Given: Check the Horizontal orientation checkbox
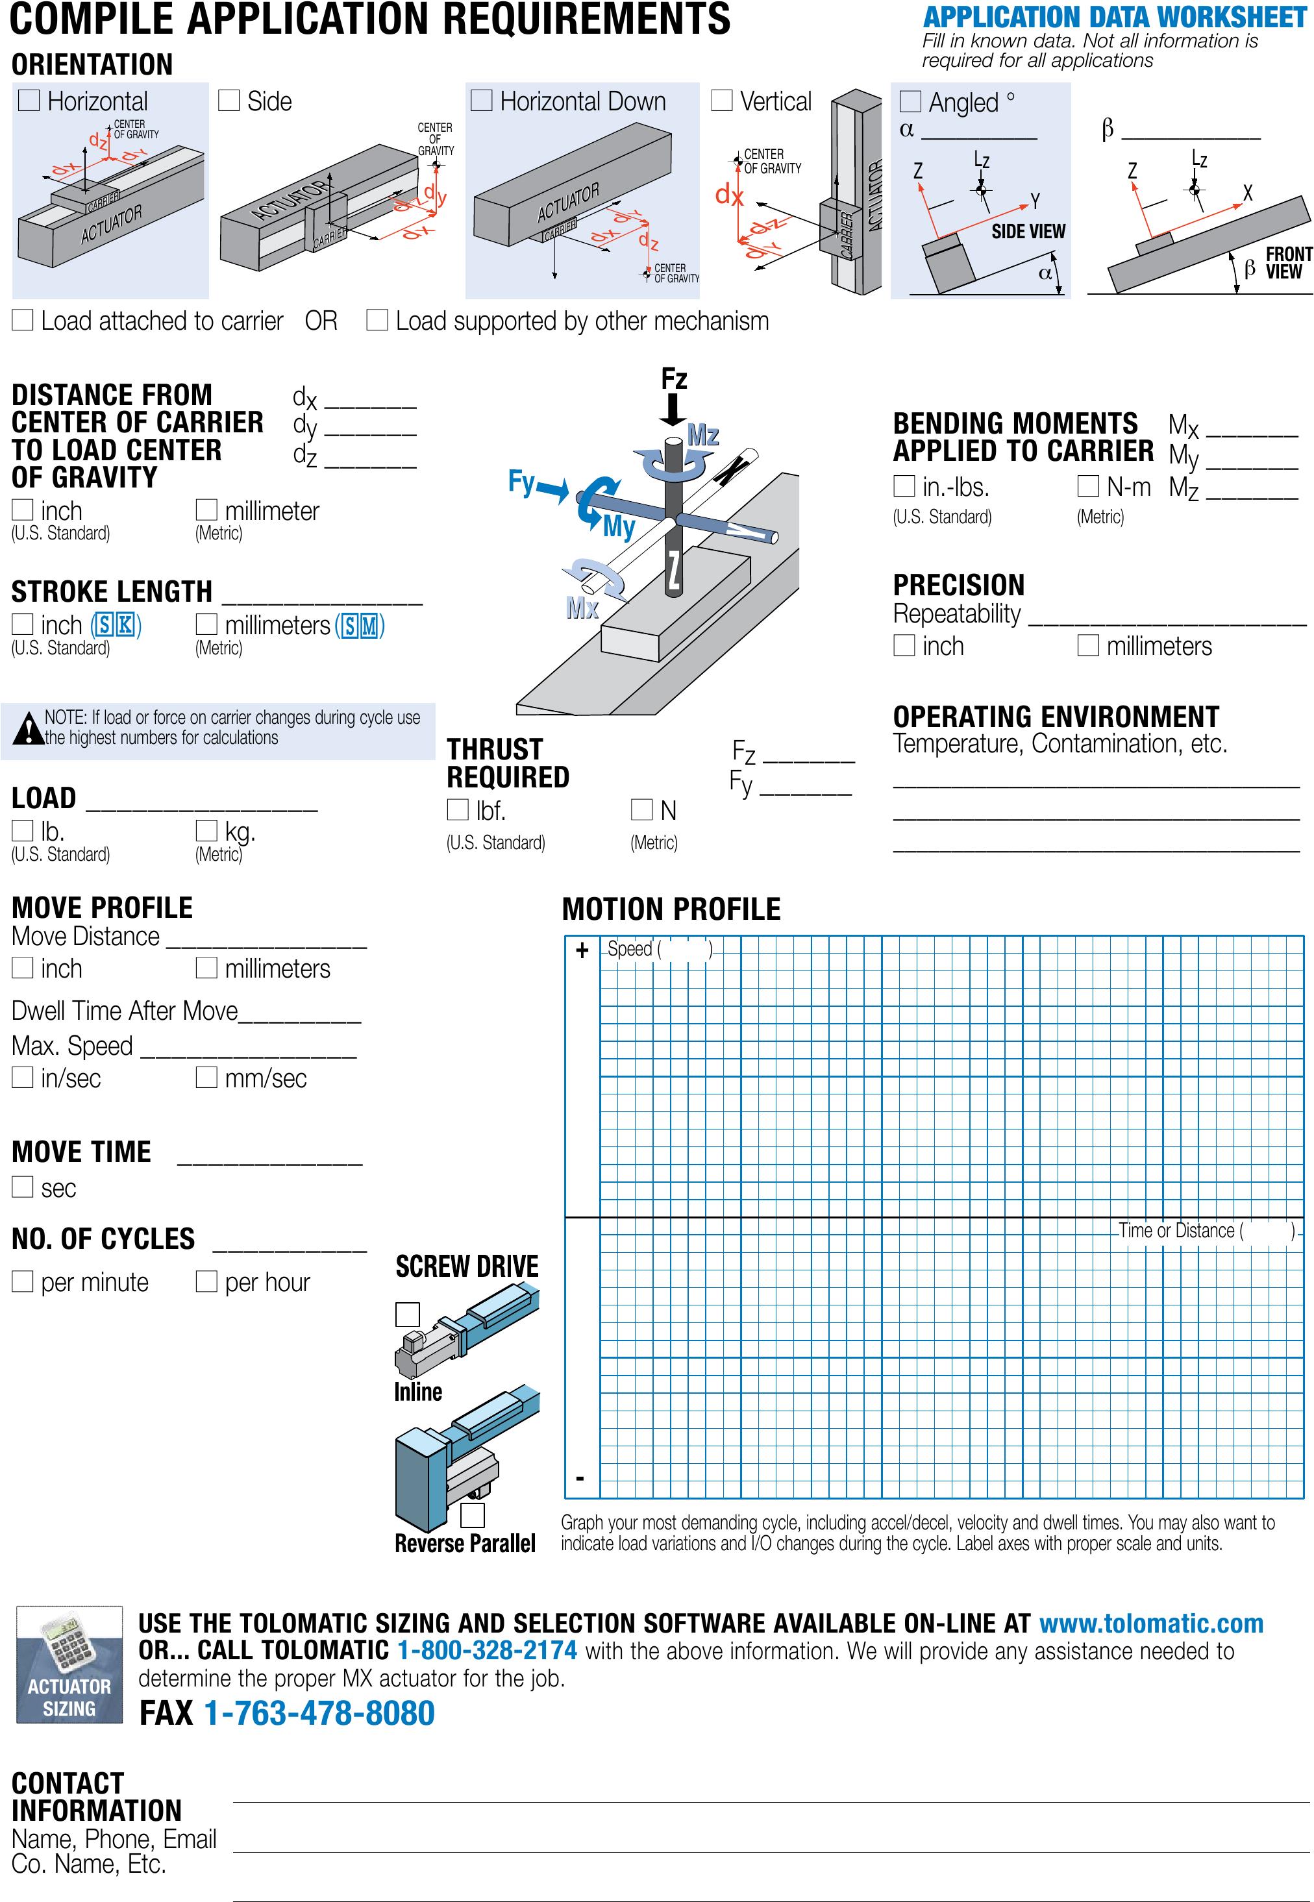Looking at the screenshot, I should pyautogui.click(x=29, y=101).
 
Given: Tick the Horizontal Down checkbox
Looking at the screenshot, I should pyautogui.click(x=481, y=101).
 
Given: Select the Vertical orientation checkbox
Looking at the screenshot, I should pyautogui.click(x=721, y=101).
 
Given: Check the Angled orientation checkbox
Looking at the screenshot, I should pyautogui.click(x=910, y=101).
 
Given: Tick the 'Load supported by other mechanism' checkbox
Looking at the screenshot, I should pyautogui.click(x=377, y=320).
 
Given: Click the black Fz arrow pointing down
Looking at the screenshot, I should pyautogui.click(x=673, y=409).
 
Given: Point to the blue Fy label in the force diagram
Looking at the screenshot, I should pyautogui.click(x=522, y=482).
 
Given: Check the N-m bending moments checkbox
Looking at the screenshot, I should pyautogui.click(x=1087, y=486).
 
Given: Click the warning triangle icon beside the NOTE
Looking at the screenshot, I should pyautogui.click(x=28, y=727).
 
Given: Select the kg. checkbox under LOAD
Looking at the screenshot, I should pyautogui.click(x=206, y=830).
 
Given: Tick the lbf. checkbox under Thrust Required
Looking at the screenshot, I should pyautogui.click(x=457, y=810).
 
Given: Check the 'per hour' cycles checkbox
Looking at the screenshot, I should pyautogui.click(x=206, y=1281).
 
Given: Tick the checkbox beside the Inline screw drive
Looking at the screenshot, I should pyautogui.click(x=408, y=1315).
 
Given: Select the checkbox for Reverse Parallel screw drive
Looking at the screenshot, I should pyautogui.click(x=472, y=1515).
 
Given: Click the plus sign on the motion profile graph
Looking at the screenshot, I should pyautogui.click(x=582, y=950).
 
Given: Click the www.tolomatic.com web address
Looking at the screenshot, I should pyautogui.click(x=1150, y=1623).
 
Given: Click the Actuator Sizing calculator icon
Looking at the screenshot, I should pyautogui.click(x=69, y=1664).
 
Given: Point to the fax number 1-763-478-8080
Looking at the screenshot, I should pyautogui.click(x=319, y=1714).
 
